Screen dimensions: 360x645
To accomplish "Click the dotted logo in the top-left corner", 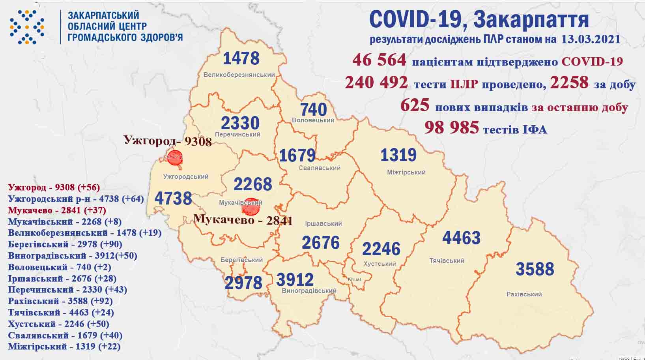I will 27,27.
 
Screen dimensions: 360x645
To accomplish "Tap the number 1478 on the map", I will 241,58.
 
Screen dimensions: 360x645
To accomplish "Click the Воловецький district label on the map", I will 313,120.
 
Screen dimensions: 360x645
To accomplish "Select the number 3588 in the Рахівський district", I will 535,269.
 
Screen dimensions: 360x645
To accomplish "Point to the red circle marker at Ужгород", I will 175,157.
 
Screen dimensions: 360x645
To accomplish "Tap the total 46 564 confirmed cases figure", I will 379,60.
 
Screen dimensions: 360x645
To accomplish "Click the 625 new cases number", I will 415,105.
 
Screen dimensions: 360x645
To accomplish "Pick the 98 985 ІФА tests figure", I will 452,127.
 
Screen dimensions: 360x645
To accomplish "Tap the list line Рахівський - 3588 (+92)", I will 60,301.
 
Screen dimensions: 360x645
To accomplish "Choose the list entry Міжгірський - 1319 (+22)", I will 64,347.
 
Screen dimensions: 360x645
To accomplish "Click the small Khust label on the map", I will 354,279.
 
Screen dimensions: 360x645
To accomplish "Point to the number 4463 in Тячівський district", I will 461,238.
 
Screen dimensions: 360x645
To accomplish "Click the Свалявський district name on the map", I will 319,168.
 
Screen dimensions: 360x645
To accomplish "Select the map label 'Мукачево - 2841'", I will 243,219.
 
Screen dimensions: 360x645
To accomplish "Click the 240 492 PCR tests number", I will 376,83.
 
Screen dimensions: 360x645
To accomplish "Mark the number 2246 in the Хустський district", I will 381,249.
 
